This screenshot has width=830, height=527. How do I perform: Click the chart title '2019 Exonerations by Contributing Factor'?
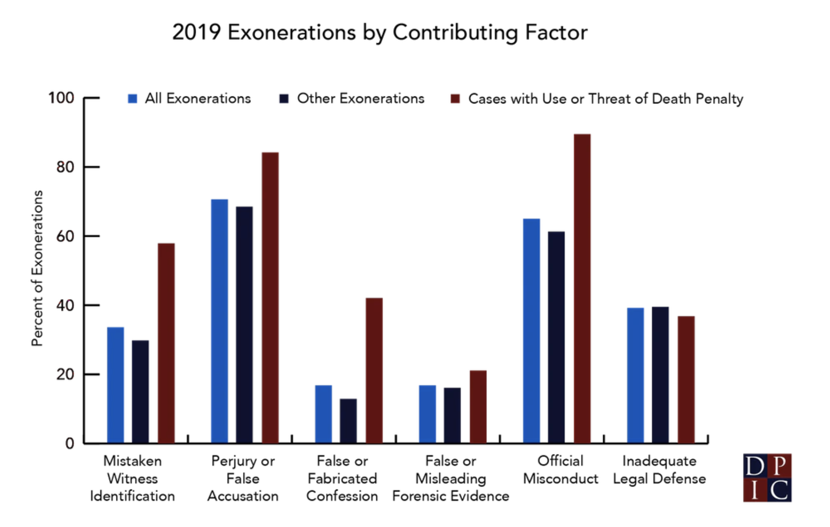point(379,32)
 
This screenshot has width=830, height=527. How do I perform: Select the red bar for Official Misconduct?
point(582,288)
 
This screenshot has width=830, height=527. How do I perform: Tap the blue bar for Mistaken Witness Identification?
point(115,385)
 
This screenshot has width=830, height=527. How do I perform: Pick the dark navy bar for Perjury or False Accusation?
point(244,324)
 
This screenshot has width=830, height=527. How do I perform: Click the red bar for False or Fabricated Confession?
point(374,370)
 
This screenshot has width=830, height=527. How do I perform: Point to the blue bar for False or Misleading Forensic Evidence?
point(427,414)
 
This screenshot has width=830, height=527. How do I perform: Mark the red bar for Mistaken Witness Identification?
point(166,343)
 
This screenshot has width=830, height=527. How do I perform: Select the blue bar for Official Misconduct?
point(531,331)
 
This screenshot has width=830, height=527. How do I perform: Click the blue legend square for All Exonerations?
point(133,99)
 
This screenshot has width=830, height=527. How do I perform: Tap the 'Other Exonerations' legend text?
point(361,98)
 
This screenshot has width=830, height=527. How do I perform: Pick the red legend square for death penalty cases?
point(455,99)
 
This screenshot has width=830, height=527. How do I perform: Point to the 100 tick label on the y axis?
point(61,98)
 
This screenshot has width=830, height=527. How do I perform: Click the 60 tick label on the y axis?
point(65,236)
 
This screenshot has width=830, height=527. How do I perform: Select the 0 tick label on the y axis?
point(69,444)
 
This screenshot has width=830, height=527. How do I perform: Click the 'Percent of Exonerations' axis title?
point(37,269)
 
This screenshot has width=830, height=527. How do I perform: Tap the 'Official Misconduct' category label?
point(560,470)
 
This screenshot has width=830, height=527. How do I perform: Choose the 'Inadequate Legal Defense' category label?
point(659,470)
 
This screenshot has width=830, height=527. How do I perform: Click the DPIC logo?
point(767,477)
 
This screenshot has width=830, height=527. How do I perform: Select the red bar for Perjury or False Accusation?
point(270,297)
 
